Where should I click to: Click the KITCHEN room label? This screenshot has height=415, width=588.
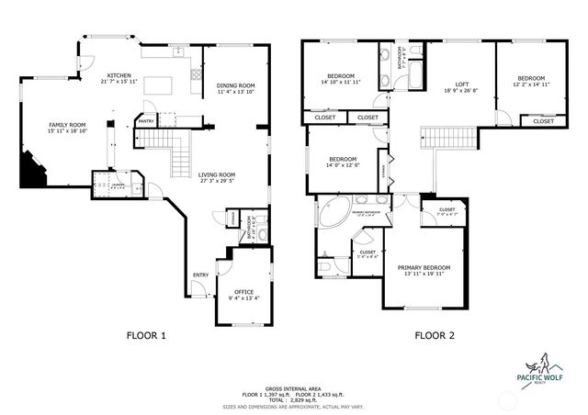(x=119, y=75)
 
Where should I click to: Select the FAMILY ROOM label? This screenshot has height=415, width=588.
(x=67, y=125)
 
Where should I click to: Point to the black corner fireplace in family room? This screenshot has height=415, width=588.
(x=34, y=170)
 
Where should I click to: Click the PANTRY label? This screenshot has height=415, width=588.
(x=146, y=120)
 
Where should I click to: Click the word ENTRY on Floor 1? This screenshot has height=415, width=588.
(x=199, y=275)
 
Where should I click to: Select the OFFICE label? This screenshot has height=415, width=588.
(x=243, y=292)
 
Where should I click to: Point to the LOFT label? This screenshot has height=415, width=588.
(x=447, y=84)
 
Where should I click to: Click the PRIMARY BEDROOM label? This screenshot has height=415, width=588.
(x=430, y=268)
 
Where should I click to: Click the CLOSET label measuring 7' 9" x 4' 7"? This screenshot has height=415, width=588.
(x=447, y=210)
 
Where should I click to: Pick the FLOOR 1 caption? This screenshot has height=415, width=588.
(x=146, y=336)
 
